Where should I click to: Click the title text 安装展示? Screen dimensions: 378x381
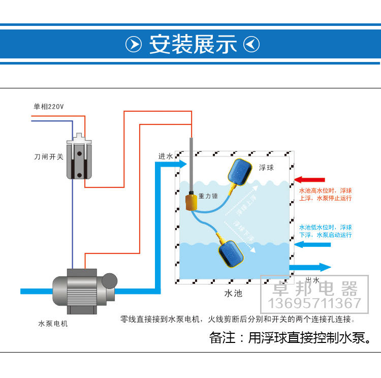tap(193, 45)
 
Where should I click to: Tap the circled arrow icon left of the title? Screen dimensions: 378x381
tap(134, 45)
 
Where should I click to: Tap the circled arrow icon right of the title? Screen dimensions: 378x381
tap(251, 45)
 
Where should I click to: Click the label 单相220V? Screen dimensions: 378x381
tap(49, 107)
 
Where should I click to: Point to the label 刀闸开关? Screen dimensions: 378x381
tap(49, 157)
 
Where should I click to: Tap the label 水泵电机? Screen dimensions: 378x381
tap(53, 324)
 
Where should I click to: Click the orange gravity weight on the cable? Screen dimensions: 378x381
tap(192, 201)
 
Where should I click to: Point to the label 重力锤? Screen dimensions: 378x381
tap(209, 196)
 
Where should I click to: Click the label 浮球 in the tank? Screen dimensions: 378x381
tap(266, 168)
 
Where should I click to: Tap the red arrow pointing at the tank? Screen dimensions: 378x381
tap(309, 179)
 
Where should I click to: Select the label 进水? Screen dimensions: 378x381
tap(166, 156)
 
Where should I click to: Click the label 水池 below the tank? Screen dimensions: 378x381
tap(233, 293)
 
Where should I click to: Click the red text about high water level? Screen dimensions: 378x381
tap(325, 195)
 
